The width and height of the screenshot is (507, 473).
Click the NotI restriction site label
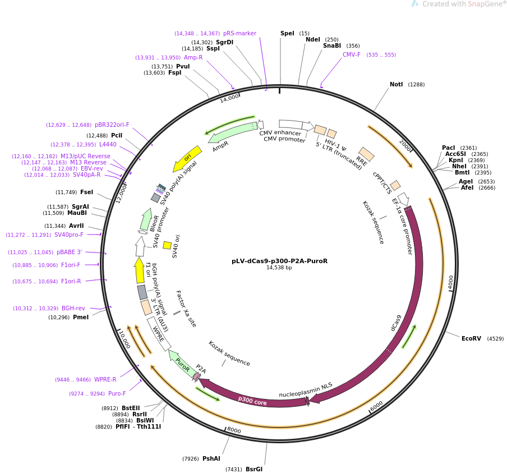point(396,84)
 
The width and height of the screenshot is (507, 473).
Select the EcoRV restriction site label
point(471,338)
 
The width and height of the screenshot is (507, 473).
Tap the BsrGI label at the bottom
point(254,469)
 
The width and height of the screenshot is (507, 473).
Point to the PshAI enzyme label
point(211,459)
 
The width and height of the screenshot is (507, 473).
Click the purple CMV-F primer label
point(352,54)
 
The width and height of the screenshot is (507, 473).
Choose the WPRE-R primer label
point(105,379)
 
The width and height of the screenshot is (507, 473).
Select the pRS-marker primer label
point(239,33)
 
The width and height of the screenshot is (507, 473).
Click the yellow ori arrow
point(187,159)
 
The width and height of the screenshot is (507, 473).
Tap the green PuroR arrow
point(183,364)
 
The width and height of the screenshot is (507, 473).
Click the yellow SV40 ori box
point(167,245)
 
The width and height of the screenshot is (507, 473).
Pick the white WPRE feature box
point(159,334)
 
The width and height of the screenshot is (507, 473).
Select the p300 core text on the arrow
point(252,401)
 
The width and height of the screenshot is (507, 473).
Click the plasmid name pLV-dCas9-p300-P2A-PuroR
point(279,261)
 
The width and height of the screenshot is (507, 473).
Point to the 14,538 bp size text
point(279,268)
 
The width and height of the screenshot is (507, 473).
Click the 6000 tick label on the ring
point(376,406)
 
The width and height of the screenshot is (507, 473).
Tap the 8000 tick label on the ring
point(234,430)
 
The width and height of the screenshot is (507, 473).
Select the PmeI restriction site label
point(81,318)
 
